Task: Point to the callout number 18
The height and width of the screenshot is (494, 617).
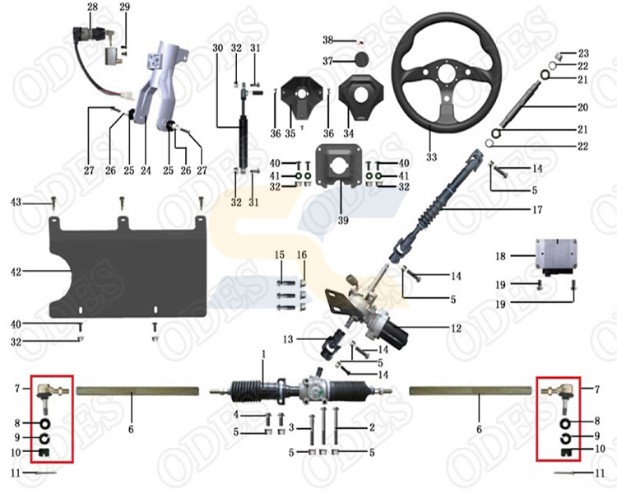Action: (503, 257)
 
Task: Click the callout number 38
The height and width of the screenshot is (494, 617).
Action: (327, 40)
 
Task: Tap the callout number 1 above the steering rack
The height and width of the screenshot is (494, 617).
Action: (264, 354)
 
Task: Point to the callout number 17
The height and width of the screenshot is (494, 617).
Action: (536, 210)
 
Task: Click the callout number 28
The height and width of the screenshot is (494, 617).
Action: (92, 7)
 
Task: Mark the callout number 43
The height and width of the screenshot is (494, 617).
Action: (15, 202)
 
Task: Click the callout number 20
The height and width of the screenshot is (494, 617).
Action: (583, 108)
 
